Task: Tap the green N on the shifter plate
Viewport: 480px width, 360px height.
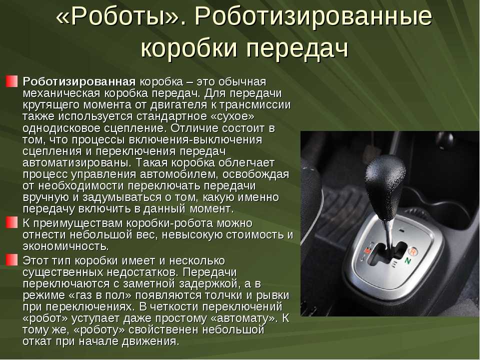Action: coord(407,261)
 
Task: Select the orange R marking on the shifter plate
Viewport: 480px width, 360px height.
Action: coord(413,251)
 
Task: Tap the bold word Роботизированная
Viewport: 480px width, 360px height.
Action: coord(79,81)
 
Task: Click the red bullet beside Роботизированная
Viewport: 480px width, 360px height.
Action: coord(11,81)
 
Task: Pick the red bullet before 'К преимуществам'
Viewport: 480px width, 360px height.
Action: coord(11,222)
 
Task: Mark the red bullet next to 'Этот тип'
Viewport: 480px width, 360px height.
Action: coord(11,260)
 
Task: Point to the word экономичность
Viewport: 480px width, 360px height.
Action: coord(66,246)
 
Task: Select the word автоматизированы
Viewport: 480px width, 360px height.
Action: coord(77,162)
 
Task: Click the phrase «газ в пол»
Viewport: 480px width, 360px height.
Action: coord(100,295)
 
